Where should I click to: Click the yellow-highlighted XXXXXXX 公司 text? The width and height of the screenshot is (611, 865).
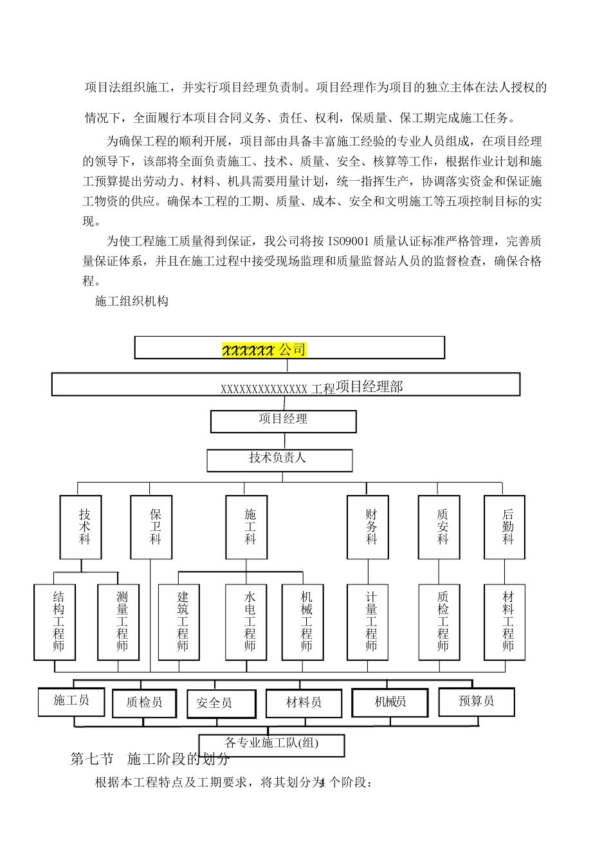[x=264, y=350]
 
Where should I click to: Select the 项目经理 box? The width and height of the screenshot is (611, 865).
[x=283, y=421]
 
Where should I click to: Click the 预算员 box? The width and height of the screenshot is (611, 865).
[x=476, y=702]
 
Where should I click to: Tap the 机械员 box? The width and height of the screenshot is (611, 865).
[x=390, y=702]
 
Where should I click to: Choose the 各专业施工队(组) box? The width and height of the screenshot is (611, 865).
[x=271, y=744]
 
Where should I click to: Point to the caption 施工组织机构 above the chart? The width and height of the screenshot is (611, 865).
[x=131, y=301]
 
